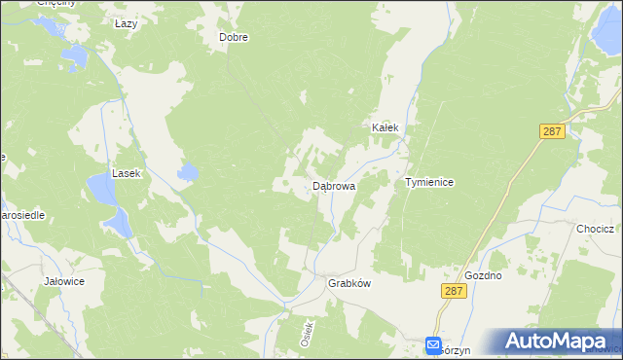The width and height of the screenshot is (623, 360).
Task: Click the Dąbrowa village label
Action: tap(333, 185)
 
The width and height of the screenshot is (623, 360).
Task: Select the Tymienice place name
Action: tap(429, 182)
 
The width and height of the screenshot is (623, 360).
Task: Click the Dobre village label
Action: tap(234, 38)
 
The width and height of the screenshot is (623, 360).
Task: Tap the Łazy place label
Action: tap(126, 23)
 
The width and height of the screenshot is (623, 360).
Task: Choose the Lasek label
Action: tap(127, 173)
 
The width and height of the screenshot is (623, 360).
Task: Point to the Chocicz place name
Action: tap(594, 229)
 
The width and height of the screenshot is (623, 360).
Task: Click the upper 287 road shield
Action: tap(552, 132)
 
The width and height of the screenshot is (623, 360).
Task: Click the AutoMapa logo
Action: tap(559, 342)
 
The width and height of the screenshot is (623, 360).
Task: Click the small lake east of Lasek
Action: tap(187, 174)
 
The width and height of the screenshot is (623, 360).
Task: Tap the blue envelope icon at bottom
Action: tap(433, 345)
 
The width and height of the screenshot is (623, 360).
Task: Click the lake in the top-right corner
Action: tap(603, 36)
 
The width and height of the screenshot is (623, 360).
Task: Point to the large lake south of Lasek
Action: tap(109, 204)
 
